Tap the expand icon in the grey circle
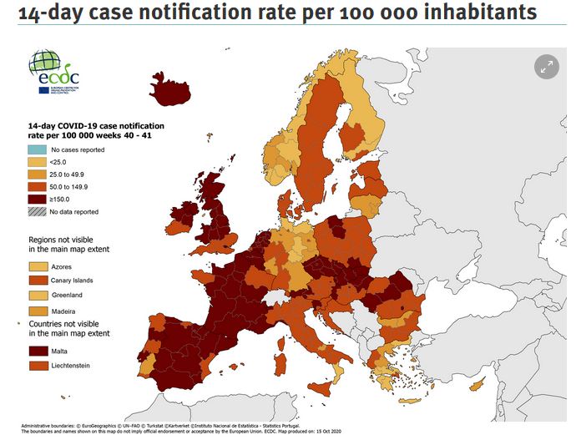tap(546, 68)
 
